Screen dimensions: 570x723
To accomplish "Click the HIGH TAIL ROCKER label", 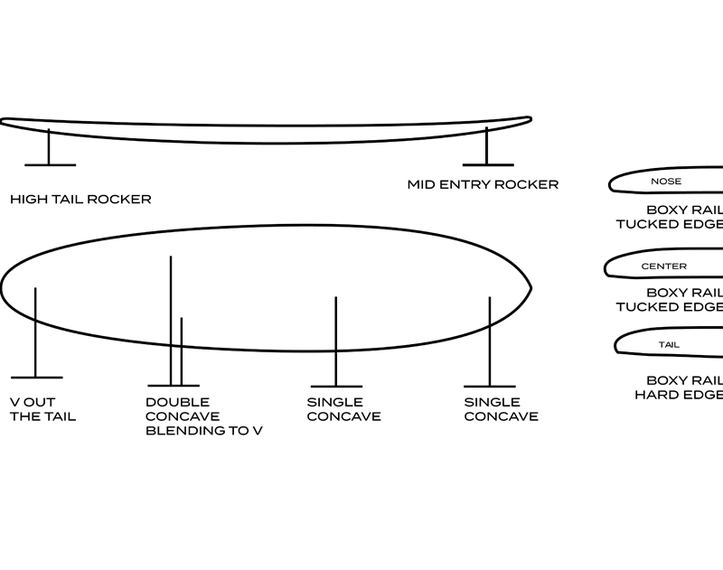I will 80,199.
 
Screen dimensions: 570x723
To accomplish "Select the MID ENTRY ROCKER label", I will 483,184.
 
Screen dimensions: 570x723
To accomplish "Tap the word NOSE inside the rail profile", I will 666,182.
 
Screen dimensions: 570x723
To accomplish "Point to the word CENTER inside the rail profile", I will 663,266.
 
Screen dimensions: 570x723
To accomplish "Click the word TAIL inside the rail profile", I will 669,344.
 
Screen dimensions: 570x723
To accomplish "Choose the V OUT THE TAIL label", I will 42,409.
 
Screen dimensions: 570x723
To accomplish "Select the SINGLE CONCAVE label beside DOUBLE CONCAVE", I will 343,409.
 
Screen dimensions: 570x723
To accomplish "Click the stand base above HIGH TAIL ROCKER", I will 50,164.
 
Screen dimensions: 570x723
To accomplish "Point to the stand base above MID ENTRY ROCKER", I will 488,164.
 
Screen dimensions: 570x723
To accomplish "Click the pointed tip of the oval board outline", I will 531,288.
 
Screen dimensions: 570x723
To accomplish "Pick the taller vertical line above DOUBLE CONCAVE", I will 171,316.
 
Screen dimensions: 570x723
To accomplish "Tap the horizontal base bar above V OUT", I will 36,378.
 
